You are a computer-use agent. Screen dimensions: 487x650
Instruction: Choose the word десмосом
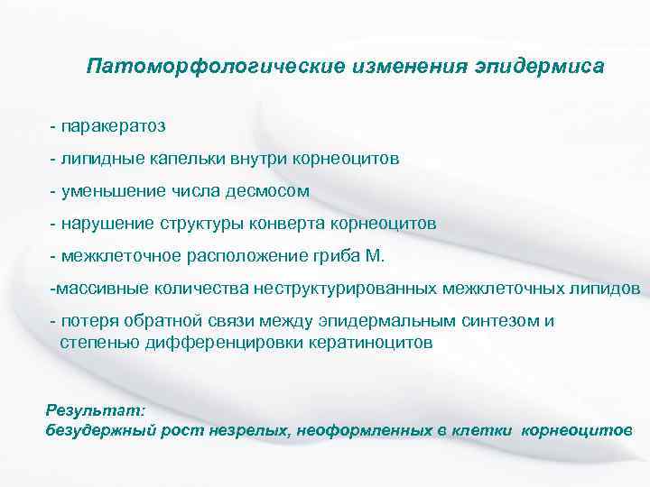(272, 191)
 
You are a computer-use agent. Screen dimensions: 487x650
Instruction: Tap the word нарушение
(107, 224)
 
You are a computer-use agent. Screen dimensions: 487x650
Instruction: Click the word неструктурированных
(351, 289)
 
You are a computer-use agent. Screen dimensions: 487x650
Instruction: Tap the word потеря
(85, 321)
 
